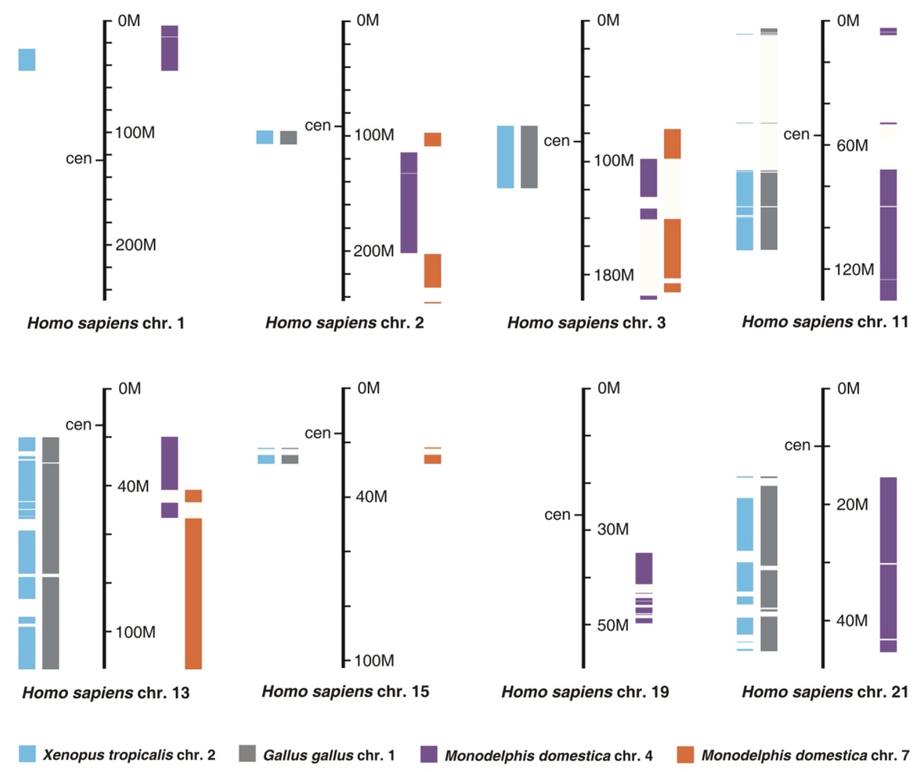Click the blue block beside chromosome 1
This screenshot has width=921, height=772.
coord(27,60)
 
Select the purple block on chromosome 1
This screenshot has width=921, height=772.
coord(170,48)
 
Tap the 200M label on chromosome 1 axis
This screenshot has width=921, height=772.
coord(135,245)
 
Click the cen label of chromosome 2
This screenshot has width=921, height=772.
coord(317,126)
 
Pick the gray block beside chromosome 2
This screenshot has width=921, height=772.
coord(289,137)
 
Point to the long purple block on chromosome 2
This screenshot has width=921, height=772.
coord(409,203)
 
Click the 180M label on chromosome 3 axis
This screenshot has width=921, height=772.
coord(614,275)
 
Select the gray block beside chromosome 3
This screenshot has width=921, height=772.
coord(529,157)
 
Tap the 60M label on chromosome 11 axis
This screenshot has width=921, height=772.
coord(852,145)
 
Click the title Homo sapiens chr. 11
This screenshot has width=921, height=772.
coord(824,322)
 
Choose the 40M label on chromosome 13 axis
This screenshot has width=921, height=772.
coord(133,486)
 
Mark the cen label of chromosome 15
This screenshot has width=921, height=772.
coord(317,433)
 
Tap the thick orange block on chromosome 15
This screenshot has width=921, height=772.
coord(432,459)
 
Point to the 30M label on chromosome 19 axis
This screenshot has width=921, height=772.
coord(613,529)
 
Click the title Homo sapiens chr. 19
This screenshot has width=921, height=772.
coord(585,692)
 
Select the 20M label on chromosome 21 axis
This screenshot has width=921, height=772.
coord(852,505)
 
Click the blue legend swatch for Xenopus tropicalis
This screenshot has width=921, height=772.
coord(27,754)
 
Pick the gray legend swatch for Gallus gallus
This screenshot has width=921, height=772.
coord(247,754)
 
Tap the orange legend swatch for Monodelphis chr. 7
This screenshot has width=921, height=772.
coord(685,754)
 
